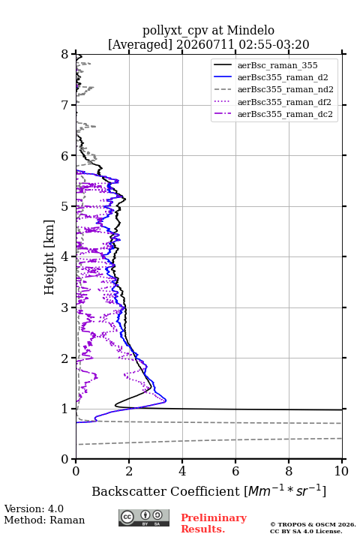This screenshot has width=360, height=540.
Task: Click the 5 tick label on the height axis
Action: click(65, 206)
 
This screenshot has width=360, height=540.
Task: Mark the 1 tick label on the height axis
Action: click(65, 409)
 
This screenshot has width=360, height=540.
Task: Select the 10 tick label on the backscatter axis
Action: click(341, 471)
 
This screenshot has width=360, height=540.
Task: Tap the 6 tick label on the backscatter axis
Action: click(235, 471)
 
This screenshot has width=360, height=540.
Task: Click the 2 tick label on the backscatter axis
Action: click(129, 471)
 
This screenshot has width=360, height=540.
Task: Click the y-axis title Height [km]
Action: click(49, 257)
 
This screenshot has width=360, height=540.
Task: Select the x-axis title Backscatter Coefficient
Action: click(166, 491)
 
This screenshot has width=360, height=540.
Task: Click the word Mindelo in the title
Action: click(250, 31)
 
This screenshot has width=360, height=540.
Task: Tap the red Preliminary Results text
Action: click(214, 523)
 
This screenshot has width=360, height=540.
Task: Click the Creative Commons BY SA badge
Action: click(144, 518)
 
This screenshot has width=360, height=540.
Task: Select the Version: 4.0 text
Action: click(34, 509)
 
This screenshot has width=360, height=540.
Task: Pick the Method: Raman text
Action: click(44, 520)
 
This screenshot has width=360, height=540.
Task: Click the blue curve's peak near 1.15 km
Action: click(166, 400)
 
